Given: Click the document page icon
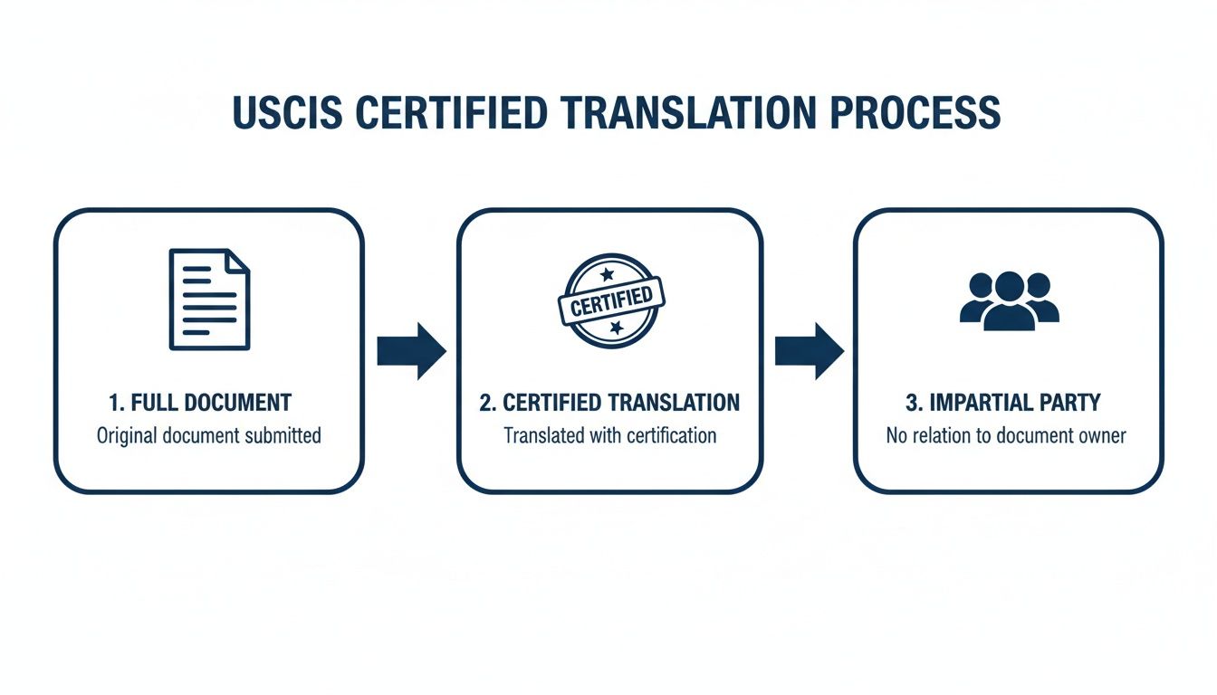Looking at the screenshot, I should (x=209, y=300).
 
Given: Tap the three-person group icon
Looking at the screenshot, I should (x=1009, y=299).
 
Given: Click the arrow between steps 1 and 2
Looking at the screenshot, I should (x=411, y=350).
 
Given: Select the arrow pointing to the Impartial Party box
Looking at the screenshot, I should (x=809, y=350).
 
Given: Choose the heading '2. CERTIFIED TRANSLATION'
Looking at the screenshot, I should (x=609, y=403).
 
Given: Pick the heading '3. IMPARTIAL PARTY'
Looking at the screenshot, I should (x=1006, y=403).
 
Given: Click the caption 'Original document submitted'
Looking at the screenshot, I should (x=209, y=435).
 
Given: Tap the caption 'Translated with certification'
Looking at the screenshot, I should (x=609, y=435).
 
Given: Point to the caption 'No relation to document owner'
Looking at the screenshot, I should (x=1006, y=435).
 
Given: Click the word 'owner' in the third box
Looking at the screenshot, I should (x=1098, y=435).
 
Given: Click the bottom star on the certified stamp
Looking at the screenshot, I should (x=616, y=327).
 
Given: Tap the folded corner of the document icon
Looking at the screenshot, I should (x=238, y=262).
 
